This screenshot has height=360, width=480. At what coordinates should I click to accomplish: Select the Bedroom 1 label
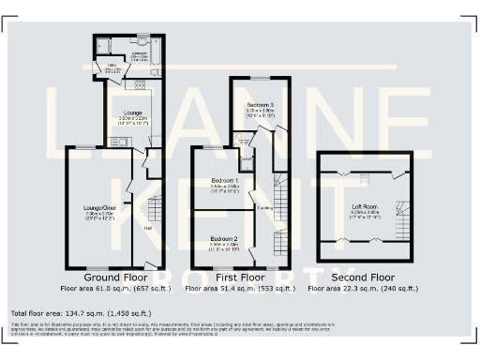[225, 181]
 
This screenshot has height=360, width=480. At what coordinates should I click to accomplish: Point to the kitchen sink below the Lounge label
[120, 142]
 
